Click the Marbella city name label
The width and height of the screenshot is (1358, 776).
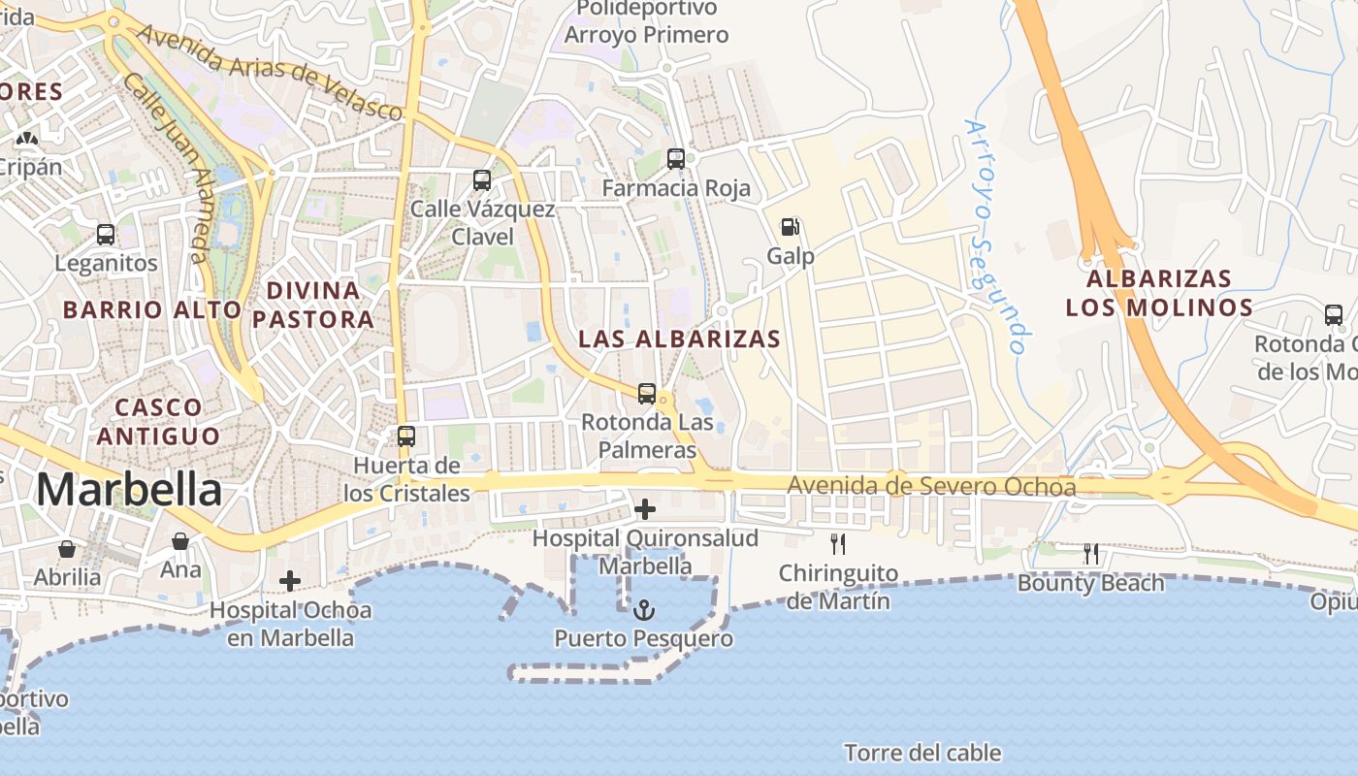129,490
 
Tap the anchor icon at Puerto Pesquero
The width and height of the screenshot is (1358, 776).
644,610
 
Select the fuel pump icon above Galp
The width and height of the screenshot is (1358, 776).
791,228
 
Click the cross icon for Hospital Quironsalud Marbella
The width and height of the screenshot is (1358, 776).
644,508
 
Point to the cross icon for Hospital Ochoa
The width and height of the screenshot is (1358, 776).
290,581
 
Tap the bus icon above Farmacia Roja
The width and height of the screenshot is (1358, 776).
676,159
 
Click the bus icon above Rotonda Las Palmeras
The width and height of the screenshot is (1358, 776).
647,394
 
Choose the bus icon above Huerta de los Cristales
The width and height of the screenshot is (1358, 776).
406,436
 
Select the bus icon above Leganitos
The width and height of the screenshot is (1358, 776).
106,235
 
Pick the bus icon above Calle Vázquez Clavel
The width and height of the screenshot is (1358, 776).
482,180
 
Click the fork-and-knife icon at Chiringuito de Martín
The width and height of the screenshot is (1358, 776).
838,544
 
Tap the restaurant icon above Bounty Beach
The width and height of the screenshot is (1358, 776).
1091,554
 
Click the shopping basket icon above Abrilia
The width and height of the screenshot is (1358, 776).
67,549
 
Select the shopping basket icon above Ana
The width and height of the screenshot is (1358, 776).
180,541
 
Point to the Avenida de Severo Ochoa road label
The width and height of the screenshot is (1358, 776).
931,485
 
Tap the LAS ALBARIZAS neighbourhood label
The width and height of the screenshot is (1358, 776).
679,339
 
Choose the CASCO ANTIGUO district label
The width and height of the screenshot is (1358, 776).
158,421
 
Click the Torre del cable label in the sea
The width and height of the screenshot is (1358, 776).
922,753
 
